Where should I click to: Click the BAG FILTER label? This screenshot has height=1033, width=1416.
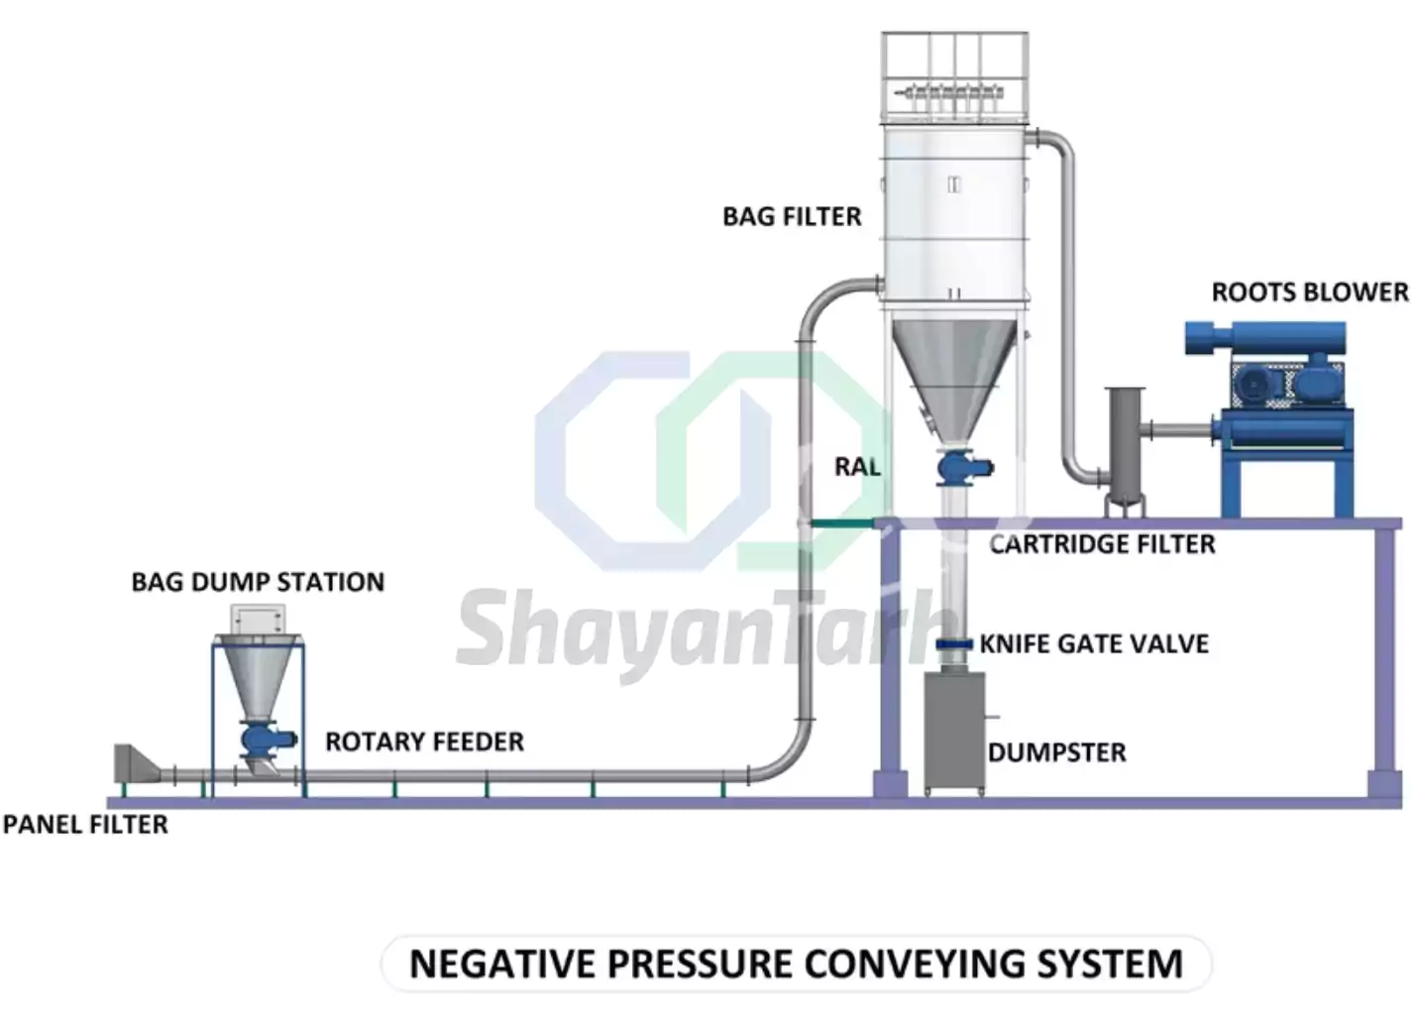point(792,216)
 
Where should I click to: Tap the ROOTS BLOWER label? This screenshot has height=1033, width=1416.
point(1309,292)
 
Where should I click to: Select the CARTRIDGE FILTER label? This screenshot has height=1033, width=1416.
point(1102,544)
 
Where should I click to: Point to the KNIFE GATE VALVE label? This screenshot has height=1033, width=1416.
point(1094,644)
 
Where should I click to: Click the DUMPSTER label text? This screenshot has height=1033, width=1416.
point(1057,753)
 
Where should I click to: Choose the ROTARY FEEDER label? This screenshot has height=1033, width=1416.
point(424,742)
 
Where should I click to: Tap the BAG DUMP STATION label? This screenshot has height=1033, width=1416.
point(258,582)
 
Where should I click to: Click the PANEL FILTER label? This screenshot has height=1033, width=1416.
point(85,824)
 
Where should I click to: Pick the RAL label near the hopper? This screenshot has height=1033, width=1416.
point(857,467)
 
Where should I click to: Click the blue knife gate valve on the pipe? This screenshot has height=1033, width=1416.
point(953,645)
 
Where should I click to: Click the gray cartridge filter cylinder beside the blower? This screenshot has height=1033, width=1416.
point(1125,446)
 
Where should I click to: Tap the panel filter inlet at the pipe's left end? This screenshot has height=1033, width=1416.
point(133,764)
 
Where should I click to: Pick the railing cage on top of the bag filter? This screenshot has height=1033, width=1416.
point(954,75)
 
